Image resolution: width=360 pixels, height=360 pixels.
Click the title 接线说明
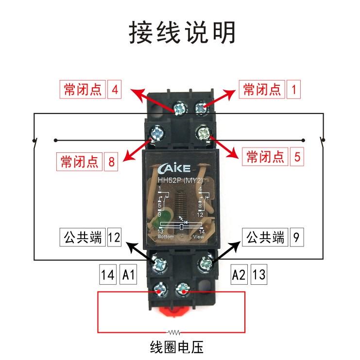pos(182,33)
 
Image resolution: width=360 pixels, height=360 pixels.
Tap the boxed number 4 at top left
pos(115,90)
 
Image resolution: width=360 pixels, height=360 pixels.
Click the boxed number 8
pos(111,161)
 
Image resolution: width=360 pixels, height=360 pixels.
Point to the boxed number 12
pos(114,238)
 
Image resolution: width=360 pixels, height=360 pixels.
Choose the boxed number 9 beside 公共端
pos(297,238)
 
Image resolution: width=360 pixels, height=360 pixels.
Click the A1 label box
pos(129,275)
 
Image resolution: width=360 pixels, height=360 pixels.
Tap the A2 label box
pos(239,275)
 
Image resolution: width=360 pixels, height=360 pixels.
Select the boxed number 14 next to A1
pos(107,275)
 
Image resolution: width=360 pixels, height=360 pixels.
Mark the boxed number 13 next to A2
pos(259,275)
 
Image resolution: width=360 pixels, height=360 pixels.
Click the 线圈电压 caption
pos(176,347)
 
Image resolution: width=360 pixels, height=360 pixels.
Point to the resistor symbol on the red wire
pos(173,333)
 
